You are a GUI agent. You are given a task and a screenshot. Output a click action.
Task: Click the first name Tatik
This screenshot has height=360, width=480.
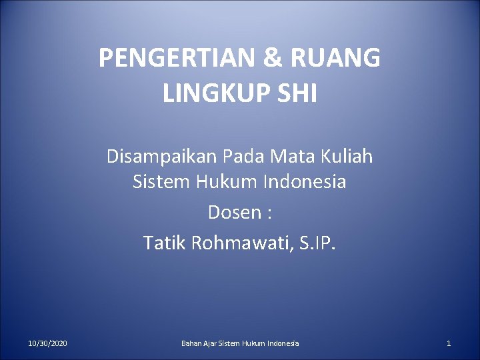(164, 243)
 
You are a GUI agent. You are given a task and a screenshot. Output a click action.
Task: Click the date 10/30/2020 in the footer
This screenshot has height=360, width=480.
(47, 343)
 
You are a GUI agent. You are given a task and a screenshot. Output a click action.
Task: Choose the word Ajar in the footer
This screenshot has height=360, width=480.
(211, 343)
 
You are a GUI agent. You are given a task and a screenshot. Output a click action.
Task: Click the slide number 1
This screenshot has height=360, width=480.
(449, 343)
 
